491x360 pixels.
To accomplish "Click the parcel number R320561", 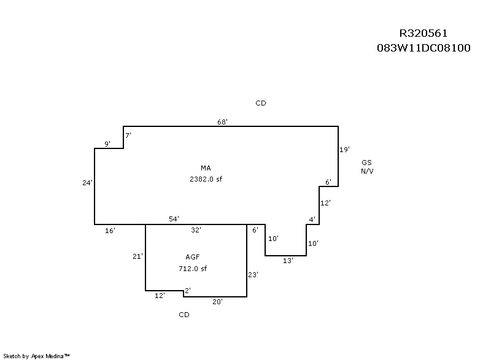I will (x=424, y=33).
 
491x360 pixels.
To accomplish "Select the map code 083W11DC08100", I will (x=424, y=47).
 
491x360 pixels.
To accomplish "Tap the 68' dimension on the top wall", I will (x=223, y=121).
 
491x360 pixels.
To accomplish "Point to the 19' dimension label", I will (x=344, y=149).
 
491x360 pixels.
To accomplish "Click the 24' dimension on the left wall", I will (x=88, y=182).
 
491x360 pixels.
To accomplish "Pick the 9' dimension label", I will (x=107, y=144).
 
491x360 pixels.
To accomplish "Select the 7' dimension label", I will (x=128, y=134).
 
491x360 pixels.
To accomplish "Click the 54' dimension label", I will (x=174, y=219).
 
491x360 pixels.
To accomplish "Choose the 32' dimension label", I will (x=196, y=230).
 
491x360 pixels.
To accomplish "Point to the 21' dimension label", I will (x=137, y=256).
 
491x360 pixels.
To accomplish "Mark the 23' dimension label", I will (x=253, y=275).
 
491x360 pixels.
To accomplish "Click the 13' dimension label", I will (x=288, y=261).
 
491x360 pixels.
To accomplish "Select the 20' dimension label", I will (x=217, y=302).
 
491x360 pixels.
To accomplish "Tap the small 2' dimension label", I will (x=188, y=290).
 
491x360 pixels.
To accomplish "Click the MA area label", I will (x=206, y=168).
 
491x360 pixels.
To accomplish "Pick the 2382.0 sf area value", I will (x=206, y=179).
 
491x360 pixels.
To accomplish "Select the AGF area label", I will (x=193, y=257).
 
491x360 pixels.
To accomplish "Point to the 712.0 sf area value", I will (x=193, y=268).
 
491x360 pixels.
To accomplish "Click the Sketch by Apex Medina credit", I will (x=37, y=355).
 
